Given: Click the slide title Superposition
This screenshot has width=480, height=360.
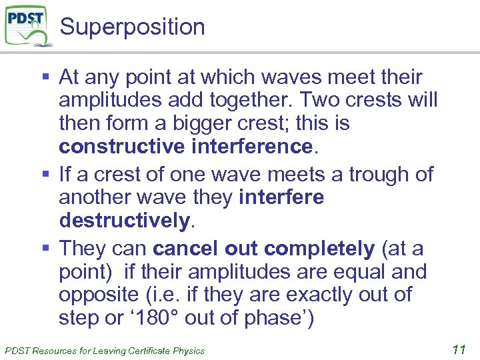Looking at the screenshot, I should click(132, 27).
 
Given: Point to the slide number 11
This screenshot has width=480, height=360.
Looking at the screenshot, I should click(458, 349).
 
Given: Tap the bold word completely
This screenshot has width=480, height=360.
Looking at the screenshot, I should click(319, 249).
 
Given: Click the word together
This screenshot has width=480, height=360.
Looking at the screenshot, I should click(249, 101).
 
